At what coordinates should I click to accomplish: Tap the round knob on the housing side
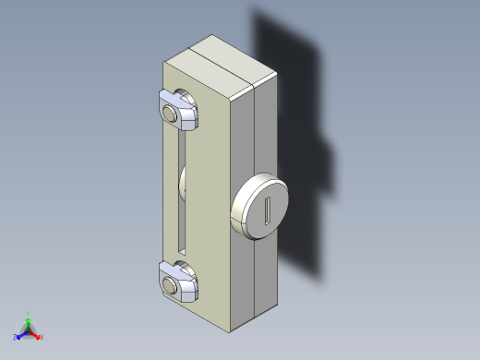click(259, 208)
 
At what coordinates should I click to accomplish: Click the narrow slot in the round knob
click(268, 211)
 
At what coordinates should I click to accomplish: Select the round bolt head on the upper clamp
click(171, 113)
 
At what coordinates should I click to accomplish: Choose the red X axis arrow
click(36, 335)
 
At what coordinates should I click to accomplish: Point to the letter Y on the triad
click(29, 313)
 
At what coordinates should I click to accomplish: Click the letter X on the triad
click(42, 338)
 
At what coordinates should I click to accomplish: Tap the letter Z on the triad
click(16, 337)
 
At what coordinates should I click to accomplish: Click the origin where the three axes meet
click(29, 330)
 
